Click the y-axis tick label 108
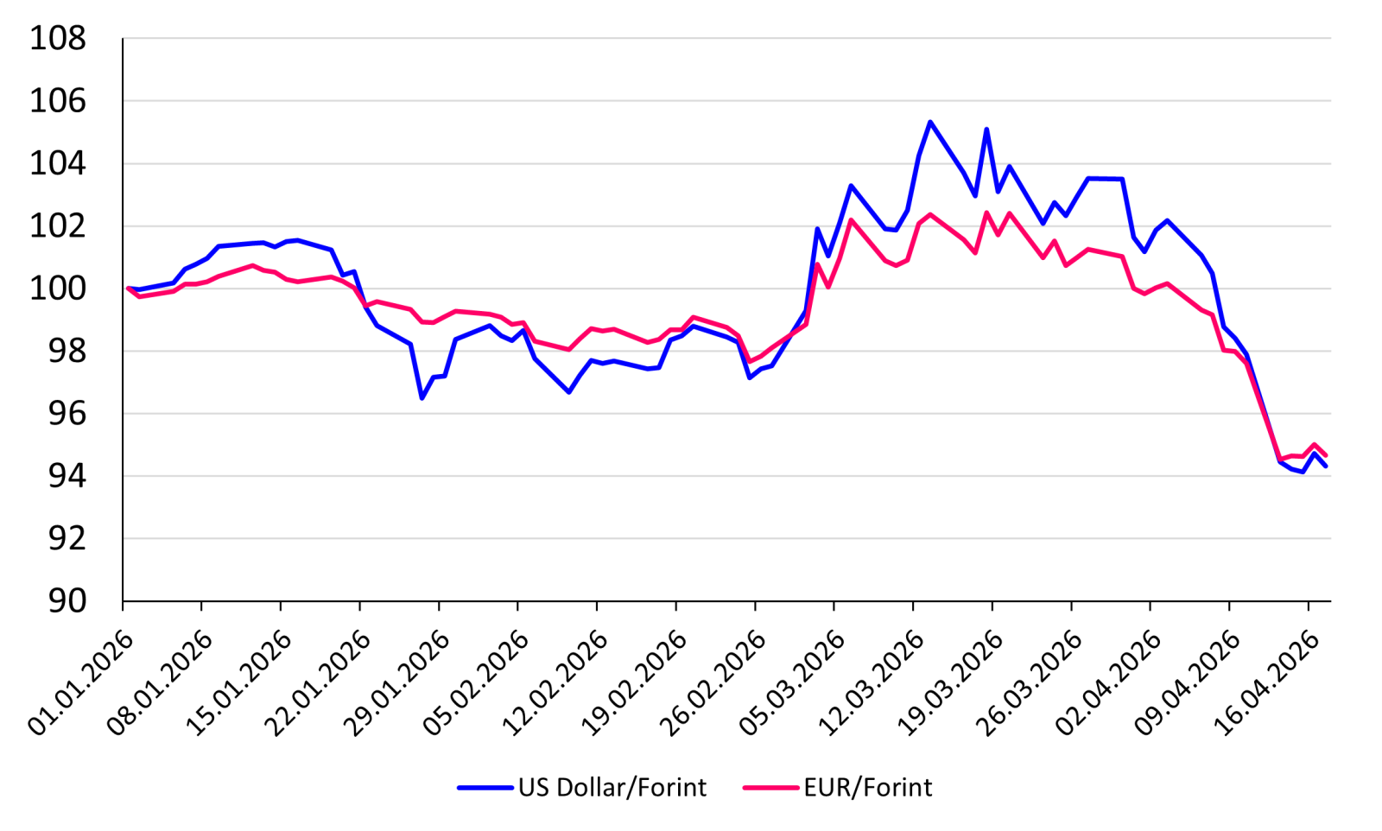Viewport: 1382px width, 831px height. (58, 39)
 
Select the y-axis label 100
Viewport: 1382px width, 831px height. (58, 289)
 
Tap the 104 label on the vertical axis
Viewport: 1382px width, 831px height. (58, 164)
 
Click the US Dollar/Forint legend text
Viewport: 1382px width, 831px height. (612, 788)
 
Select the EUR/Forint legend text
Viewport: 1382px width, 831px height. (868, 788)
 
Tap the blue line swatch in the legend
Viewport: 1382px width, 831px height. (485, 788)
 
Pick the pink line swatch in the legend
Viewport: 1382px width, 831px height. (770, 788)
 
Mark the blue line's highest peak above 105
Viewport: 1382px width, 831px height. (930, 122)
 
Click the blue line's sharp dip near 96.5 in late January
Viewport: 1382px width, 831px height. (422, 398)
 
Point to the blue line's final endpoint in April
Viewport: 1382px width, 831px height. (1326, 466)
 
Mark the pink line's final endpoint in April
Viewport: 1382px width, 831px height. (1326, 455)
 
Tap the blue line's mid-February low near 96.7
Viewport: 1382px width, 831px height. (569, 392)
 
